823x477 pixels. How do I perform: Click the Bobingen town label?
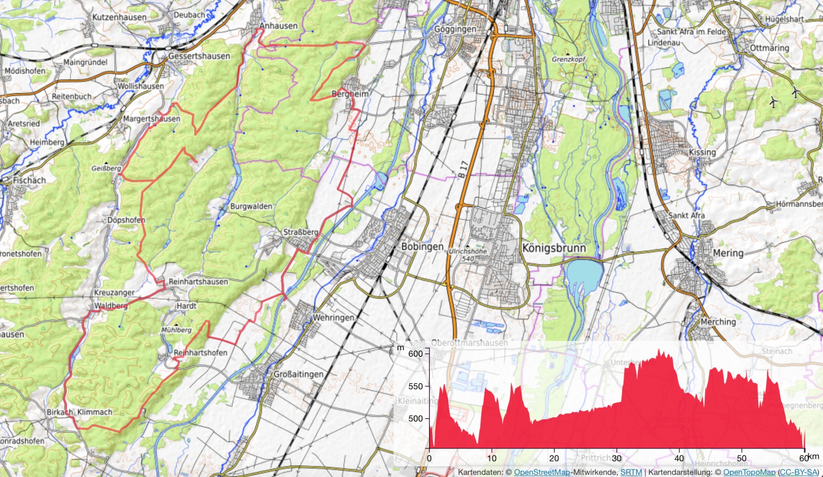click(422, 246)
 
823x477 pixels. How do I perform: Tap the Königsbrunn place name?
click(554, 248)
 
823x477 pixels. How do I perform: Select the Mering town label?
click(728, 253)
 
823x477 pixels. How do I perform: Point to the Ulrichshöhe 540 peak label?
click(467, 255)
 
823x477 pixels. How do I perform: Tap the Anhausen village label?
click(278, 26)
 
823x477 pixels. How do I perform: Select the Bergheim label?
click(350, 94)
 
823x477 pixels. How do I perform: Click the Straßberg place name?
click(300, 232)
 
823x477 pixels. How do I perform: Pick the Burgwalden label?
click(251, 206)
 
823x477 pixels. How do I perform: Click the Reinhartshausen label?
click(198, 282)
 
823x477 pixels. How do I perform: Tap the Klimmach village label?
click(94, 412)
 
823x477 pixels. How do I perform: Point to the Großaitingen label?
click(298, 374)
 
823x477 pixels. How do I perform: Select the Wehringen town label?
click(333, 317)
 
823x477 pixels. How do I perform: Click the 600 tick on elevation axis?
click(415, 353)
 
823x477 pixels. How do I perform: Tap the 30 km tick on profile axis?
click(617, 458)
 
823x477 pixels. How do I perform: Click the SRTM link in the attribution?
click(631, 472)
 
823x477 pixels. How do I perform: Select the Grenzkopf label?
click(569, 59)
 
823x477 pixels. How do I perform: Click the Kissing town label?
click(702, 152)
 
